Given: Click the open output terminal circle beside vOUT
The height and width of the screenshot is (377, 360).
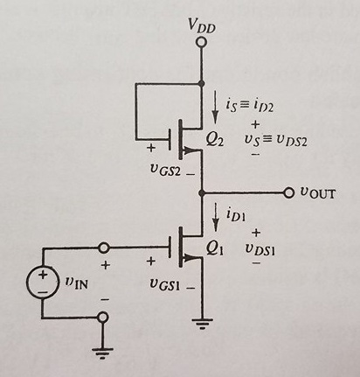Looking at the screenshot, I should (x=289, y=192).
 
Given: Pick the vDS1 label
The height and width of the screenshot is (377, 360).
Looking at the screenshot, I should (x=262, y=249).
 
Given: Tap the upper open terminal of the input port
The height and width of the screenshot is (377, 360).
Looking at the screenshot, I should (x=103, y=248).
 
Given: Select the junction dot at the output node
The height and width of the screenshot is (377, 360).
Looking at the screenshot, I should (x=202, y=192).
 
